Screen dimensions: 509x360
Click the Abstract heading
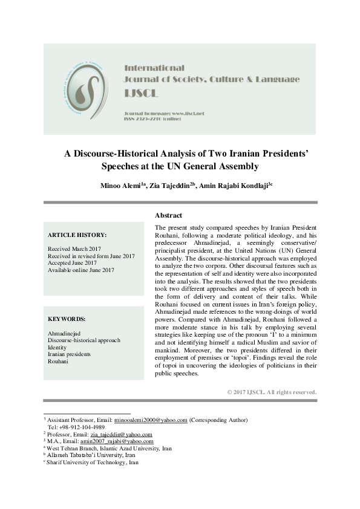pyautogui.click(x=168, y=215)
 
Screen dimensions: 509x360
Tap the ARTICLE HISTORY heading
pyautogui.click(x=77, y=235)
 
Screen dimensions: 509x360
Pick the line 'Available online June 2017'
pyautogui.click(x=80, y=270)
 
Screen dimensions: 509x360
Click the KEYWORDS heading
pyautogui.click(x=66, y=319)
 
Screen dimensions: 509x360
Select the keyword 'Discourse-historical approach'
pyautogui.click(x=83, y=340)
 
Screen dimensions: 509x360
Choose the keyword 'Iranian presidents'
pyautogui.click(x=70, y=355)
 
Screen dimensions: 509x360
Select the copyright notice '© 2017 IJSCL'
pyautogui.click(x=272, y=392)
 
